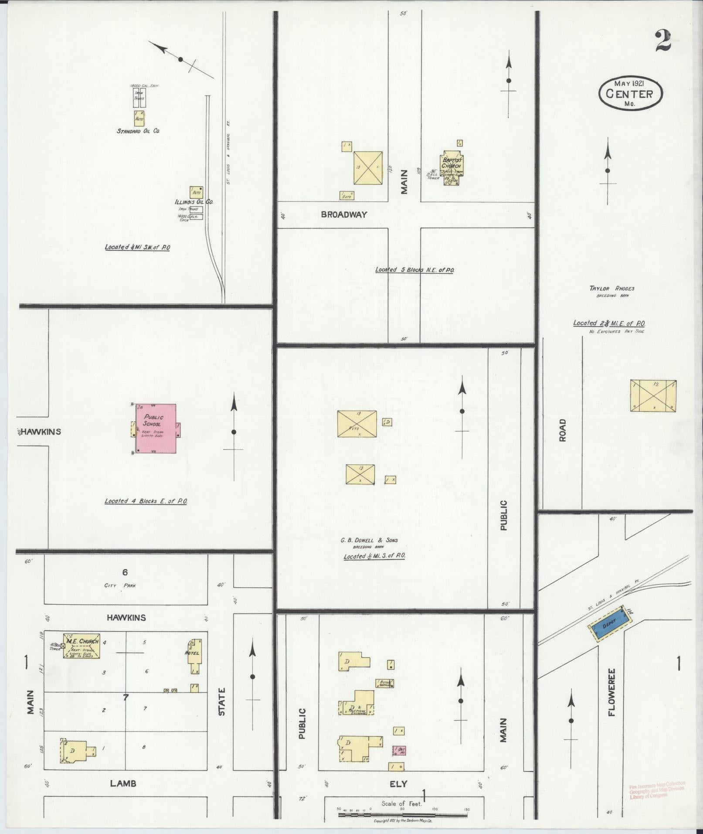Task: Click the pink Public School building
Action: (x=156, y=429)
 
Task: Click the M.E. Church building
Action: (x=82, y=646)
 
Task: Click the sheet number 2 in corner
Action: (x=662, y=41)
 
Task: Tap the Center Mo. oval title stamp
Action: (x=630, y=93)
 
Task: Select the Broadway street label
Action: (x=344, y=214)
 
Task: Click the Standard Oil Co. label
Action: (x=138, y=131)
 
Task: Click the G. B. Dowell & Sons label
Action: (x=369, y=540)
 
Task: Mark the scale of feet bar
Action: (x=403, y=814)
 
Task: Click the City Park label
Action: (x=126, y=586)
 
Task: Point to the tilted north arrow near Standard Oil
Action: (x=180, y=59)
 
